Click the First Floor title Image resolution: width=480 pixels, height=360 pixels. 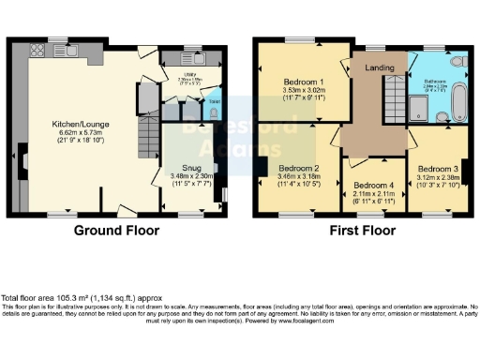(x=359, y=230)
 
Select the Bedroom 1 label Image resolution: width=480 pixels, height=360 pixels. (x=302, y=81)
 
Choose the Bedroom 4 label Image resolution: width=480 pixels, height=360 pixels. (x=372, y=185)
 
